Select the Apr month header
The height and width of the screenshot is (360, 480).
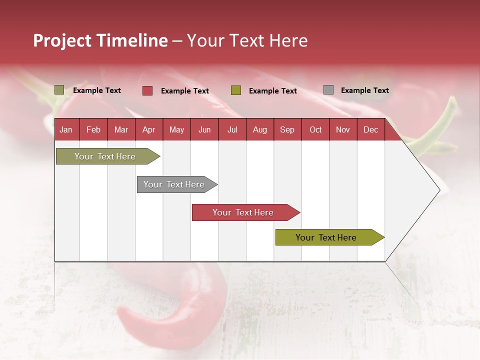(x=149, y=129)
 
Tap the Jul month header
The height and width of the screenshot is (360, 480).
(x=232, y=129)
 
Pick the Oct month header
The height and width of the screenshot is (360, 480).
(x=315, y=129)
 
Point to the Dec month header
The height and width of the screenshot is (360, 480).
(x=370, y=129)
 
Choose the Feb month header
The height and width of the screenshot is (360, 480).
(x=93, y=129)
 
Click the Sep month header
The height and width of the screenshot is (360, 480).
(x=287, y=129)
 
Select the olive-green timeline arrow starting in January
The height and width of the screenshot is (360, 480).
(x=108, y=156)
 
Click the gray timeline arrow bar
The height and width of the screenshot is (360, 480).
(x=177, y=184)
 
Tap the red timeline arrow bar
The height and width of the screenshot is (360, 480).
(x=246, y=212)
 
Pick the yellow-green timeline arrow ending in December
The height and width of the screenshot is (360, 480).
(x=330, y=237)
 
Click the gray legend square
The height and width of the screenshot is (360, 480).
(x=328, y=89)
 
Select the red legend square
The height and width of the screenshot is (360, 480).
(x=147, y=90)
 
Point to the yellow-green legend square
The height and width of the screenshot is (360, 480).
(x=235, y=90)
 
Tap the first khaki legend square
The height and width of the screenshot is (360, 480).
(x=59, y=89)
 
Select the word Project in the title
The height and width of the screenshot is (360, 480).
(x=62, y=40)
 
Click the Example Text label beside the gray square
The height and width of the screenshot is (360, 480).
(x=365, y=90)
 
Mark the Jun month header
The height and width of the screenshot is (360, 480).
(x=204, y=129)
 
